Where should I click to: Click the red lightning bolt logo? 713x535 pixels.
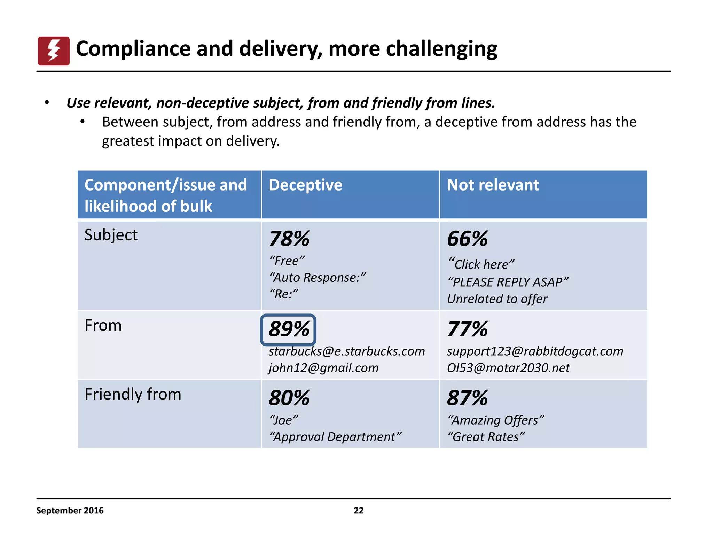pos(54,51)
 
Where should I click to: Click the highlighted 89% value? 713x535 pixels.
pos(288,329)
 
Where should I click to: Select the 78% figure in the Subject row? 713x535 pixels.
pos(289,239)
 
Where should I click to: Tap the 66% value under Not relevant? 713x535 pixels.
pos(467,239)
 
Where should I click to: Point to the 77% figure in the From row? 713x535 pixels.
pos(467,329)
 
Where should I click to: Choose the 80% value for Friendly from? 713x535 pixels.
pos(289,398)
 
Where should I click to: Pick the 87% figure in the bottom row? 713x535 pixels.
pos(467,398)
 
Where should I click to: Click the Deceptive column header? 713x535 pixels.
pos(305,185)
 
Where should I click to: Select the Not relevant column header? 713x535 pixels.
pos(493,185)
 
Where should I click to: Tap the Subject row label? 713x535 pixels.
pos(111,235)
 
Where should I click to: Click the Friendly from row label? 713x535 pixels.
pos(133,394)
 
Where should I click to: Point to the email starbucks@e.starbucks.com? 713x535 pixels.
pos(346,351)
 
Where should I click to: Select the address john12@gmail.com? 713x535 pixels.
pos(323,368)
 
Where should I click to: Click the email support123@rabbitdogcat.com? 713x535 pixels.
pos(535,351)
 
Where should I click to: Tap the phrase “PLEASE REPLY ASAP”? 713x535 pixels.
pos(508,282)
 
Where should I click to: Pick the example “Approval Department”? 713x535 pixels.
pos(335,437)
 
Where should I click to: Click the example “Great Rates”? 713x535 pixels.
pos(486,437)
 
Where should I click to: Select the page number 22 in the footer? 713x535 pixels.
pos(359,511)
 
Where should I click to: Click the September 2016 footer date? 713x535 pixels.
pos(70,511)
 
